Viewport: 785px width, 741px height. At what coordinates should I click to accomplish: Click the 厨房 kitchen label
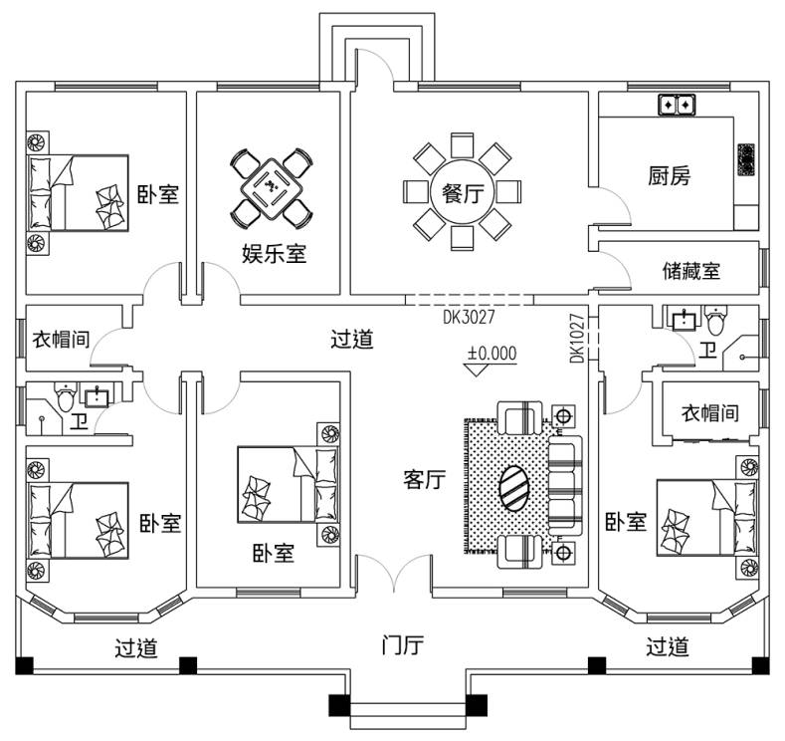click(x=669, y=177)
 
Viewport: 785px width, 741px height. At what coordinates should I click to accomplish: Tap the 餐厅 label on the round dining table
click(x=462, y=192)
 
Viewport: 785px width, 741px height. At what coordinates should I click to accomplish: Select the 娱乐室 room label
click(x=274, y=253)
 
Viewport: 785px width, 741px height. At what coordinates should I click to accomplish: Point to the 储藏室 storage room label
click(x=691, y=270)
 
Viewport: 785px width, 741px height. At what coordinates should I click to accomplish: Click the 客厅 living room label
click(x=424, y=479)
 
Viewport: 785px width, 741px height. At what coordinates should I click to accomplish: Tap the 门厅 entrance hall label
click(x=403, y=645)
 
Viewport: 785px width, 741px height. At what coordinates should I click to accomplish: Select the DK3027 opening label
click(x=469, y=318)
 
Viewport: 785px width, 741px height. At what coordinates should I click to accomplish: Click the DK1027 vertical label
click(x=578, y=339)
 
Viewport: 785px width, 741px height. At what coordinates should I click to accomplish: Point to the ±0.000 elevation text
click(x=492, y=353)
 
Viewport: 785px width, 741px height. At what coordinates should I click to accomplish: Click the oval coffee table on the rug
click(x=514, y=487)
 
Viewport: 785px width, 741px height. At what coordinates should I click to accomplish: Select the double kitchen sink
click(x=678, y=103)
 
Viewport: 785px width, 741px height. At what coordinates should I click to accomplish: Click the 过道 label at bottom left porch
click(x=136, y=648)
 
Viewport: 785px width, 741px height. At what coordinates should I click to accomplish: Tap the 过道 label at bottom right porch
click(x=667, y=647)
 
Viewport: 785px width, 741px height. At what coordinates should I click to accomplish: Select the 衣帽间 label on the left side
click(x=62, y=340)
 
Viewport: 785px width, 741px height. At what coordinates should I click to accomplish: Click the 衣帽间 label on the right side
click(x=709, y=411)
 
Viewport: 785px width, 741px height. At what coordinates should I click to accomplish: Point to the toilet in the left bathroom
click(x=66, y=399)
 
